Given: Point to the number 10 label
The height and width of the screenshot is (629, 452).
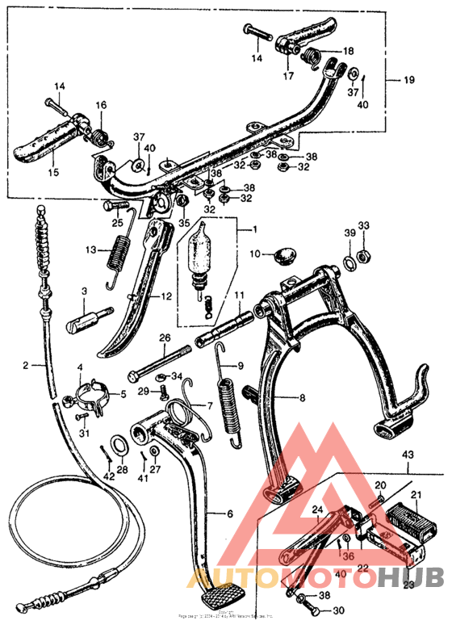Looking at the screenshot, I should point(255,254).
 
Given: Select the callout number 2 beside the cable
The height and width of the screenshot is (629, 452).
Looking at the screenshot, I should point(27,366).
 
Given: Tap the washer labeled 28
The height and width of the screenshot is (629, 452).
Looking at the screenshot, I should point(118,446).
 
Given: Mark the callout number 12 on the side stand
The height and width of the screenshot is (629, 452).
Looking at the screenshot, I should point(165,296).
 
